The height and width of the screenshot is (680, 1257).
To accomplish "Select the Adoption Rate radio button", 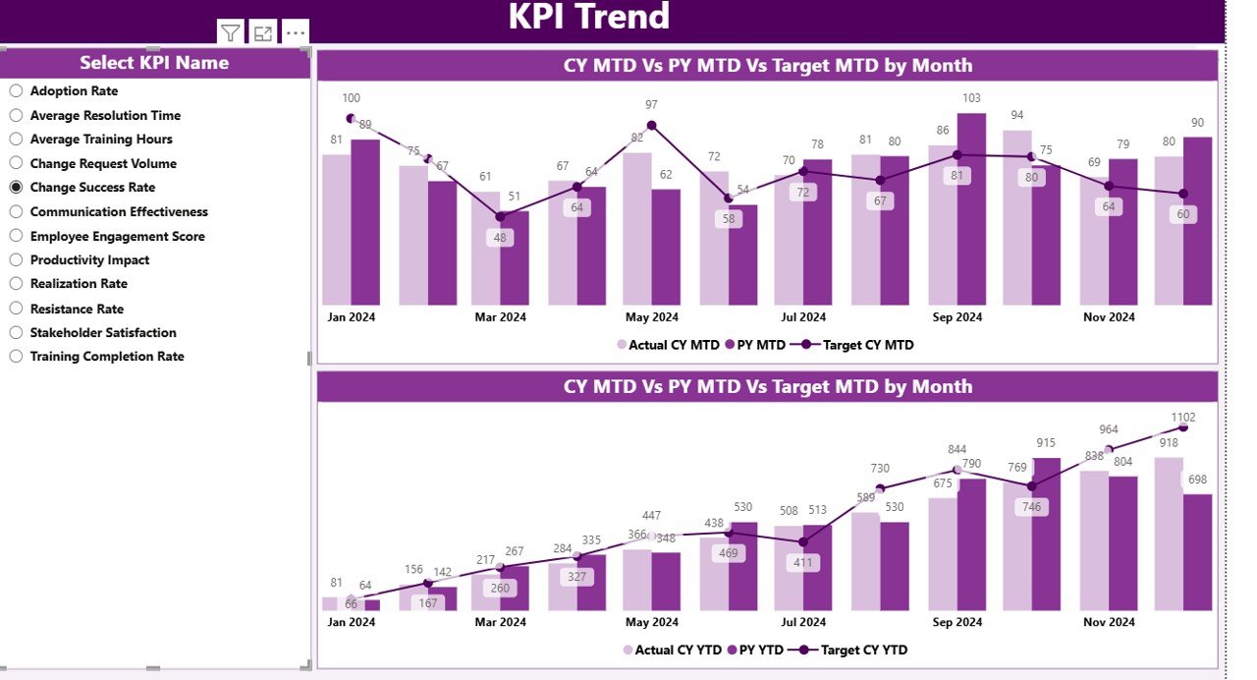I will (x=16, y=90).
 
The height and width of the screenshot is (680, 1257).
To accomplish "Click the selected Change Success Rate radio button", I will (x=16, y=187).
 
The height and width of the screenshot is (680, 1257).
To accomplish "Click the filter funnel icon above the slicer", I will (x=230, y=32).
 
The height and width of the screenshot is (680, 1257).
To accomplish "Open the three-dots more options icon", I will (x=296, y=32).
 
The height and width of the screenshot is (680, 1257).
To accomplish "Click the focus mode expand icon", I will (x=262, y=32).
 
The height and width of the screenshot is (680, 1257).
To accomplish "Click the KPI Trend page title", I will (x=589, y=17).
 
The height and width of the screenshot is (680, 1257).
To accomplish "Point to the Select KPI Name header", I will (x=154, y=63).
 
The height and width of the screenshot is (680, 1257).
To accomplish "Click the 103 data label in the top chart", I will (x=971, y=98).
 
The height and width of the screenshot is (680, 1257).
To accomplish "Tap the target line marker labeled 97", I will (x=651, y=126).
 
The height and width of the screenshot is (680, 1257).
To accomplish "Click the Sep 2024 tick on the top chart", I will (x=956, y=317).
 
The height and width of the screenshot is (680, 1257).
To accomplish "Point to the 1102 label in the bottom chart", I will (x=1183, y=416).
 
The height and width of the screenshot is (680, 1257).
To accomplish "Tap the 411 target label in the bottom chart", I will (x=804, y=563).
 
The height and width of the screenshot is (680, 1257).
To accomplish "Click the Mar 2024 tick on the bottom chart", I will (x=501, y=622).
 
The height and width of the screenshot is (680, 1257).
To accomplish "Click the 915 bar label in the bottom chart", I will (x=1046, y=444).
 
